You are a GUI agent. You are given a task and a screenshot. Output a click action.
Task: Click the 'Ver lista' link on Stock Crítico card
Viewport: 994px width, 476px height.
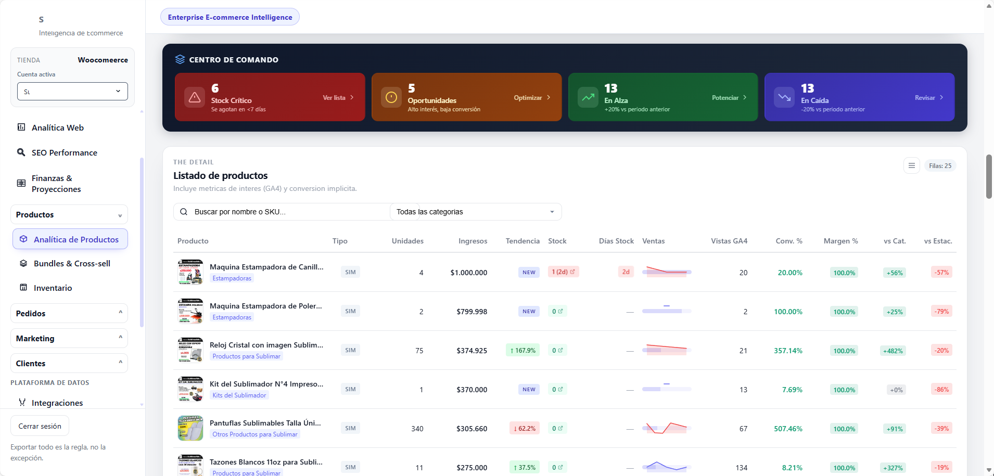338,98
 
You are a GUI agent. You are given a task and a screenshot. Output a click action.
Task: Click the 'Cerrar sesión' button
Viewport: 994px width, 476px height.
40,426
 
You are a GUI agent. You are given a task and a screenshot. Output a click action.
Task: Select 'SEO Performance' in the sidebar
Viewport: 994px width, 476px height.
64,152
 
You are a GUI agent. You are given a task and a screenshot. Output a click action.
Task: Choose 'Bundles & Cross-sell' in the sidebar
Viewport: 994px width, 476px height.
72,263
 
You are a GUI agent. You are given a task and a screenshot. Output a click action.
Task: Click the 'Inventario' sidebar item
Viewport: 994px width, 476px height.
53,288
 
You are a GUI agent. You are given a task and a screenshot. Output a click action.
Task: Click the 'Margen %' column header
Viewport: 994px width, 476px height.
840,241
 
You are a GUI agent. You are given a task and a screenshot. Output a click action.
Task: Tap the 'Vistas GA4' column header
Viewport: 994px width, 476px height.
729,241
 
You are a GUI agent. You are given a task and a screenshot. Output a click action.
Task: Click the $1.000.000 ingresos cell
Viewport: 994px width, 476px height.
468,273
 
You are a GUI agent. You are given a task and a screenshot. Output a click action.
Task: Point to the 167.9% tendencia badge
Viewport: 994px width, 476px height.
523,351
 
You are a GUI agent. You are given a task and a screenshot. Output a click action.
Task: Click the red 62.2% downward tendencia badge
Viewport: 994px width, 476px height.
525,429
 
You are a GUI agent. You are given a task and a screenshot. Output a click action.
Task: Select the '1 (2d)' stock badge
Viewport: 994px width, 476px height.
563,272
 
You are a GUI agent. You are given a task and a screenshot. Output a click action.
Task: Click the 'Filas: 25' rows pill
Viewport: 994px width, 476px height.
940,166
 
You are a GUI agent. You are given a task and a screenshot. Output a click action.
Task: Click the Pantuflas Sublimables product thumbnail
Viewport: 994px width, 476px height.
190,428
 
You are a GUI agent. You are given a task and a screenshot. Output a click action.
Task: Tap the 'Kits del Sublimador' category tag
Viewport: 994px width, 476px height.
239,395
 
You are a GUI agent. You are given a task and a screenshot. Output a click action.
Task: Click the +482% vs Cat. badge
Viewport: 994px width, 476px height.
893,351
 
